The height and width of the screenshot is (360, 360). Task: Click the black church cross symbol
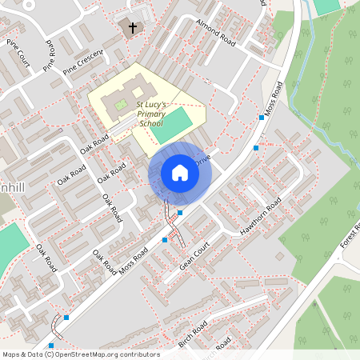(x=133, y=27)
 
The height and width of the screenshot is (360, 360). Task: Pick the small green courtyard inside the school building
(x=121, y=105)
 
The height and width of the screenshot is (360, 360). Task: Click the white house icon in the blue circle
(x=179, y=173)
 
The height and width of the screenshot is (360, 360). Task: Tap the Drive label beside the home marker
(x=202, y=161)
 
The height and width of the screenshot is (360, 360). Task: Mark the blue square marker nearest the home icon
(x=180, y=213)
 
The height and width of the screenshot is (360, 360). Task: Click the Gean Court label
(x=194, y=255)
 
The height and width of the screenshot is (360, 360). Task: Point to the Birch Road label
(x=193, y=333)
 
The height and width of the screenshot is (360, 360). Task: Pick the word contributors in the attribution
(x=140, y=354)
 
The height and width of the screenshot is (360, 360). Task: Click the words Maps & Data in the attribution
(x=22, y=354)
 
